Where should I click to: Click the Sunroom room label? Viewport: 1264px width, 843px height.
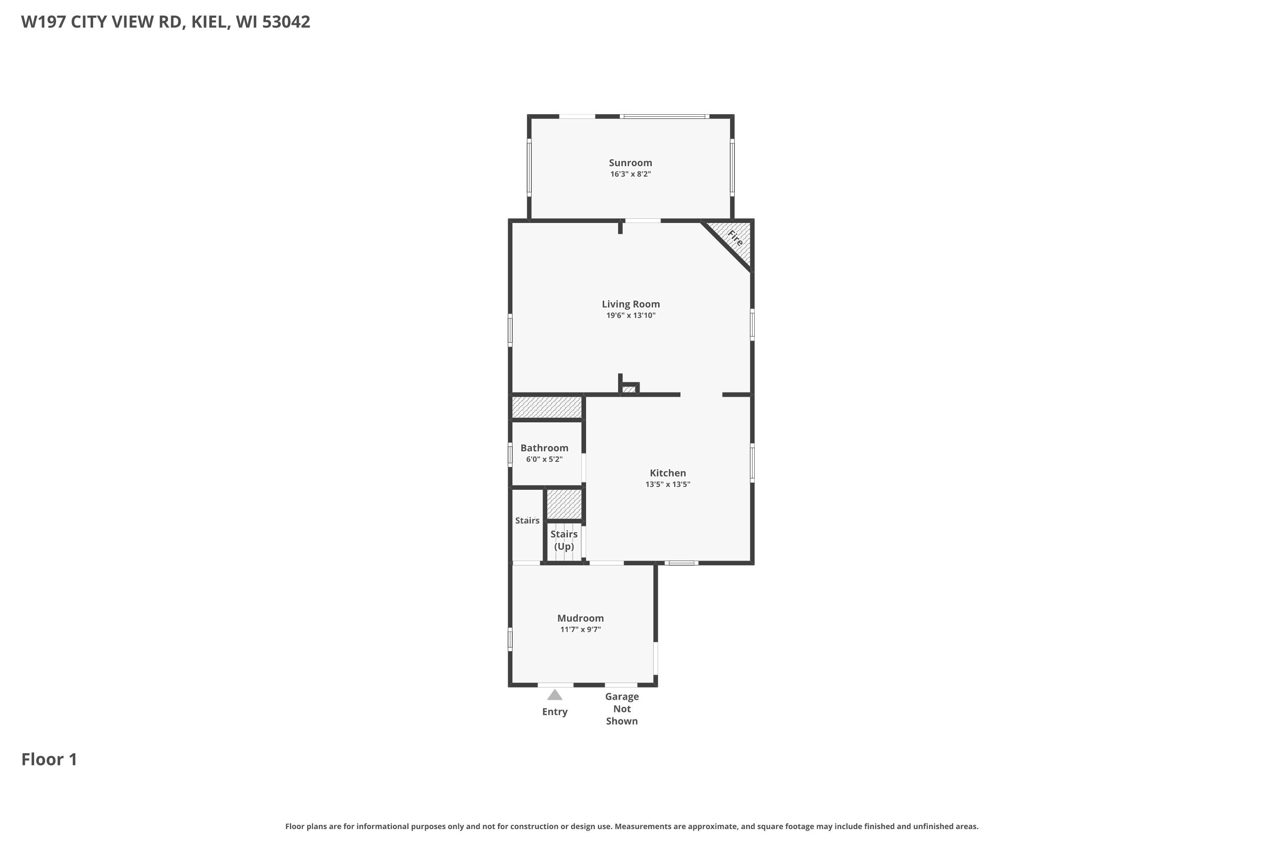click(630, 162)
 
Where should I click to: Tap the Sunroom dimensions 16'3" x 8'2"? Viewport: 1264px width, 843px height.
click(630, 174)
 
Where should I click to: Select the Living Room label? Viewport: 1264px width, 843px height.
click(631, 304)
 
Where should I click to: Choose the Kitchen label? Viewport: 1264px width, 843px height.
click(668, 473)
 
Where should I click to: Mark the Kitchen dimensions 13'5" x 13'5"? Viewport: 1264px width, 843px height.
click(668, 484)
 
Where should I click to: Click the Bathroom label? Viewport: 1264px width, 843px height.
click(544, 448)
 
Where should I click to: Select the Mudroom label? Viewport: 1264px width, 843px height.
click(581, 618)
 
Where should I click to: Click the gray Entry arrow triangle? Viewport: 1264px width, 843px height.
click(554, 695)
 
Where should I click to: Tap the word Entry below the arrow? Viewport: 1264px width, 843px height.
click(554, 712)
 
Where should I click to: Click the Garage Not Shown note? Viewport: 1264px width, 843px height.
click(622, 709)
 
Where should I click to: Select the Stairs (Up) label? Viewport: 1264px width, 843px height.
click(564, 540)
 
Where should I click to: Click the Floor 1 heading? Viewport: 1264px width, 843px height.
click(49, 759)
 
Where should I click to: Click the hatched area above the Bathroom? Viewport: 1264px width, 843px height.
click(546, 407)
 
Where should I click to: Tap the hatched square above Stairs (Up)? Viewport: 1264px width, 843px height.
click(564, 504)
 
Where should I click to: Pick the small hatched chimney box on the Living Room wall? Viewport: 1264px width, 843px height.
click(629, 389)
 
